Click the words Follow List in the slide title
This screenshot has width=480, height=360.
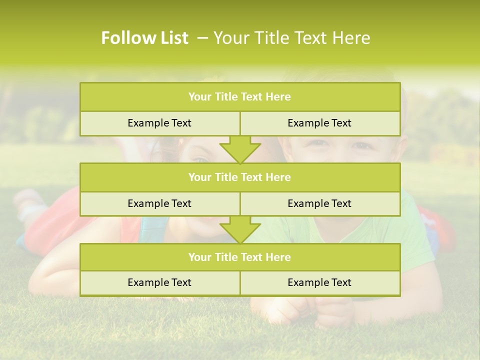pos(144,38)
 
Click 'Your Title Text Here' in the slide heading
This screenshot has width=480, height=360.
pos(291,38)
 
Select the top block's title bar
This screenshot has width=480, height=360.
pos(239,97)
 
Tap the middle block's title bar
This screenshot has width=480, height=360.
pos(239,177)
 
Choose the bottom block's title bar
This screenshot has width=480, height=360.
pos(239,257)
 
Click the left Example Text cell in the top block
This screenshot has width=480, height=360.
pos(159,123)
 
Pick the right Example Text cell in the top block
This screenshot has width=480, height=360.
pos(319,123)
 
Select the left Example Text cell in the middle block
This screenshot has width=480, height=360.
pos(159,203)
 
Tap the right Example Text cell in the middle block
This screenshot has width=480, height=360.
pos(319,203)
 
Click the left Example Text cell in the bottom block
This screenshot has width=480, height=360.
pos(159,282)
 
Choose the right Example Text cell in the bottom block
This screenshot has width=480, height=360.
pos(319,282)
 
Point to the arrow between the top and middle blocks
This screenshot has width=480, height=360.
pos(240,149)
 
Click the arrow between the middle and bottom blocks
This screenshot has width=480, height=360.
pos(240,229)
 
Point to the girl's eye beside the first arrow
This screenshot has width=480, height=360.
pos(200,159)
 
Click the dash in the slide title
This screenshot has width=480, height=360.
pos(203,38)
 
